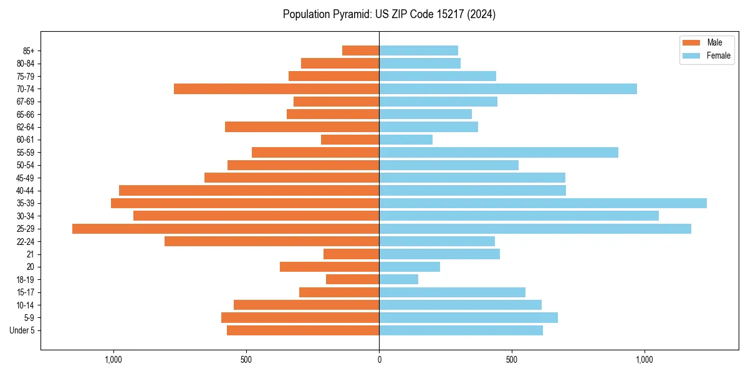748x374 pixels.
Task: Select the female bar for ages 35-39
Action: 543,203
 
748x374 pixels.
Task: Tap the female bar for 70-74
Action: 508,89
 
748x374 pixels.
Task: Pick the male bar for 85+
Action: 361,50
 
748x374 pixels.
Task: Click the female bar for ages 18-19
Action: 399,279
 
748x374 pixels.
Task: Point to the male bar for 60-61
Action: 350,140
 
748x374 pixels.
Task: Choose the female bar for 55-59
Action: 499,153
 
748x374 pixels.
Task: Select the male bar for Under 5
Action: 303,330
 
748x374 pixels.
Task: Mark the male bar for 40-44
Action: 249,191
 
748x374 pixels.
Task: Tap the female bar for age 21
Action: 439,254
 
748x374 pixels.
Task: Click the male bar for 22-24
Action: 272,241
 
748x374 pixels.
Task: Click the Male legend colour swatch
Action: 692,42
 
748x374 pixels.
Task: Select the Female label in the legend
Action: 719,55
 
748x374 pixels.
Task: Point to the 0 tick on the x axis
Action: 379,360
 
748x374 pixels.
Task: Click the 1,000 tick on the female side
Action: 645,360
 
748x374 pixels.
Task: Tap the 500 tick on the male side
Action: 246,360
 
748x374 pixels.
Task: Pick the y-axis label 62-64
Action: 26,127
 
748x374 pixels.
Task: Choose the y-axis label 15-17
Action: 26,292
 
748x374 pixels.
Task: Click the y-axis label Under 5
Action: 22,330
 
